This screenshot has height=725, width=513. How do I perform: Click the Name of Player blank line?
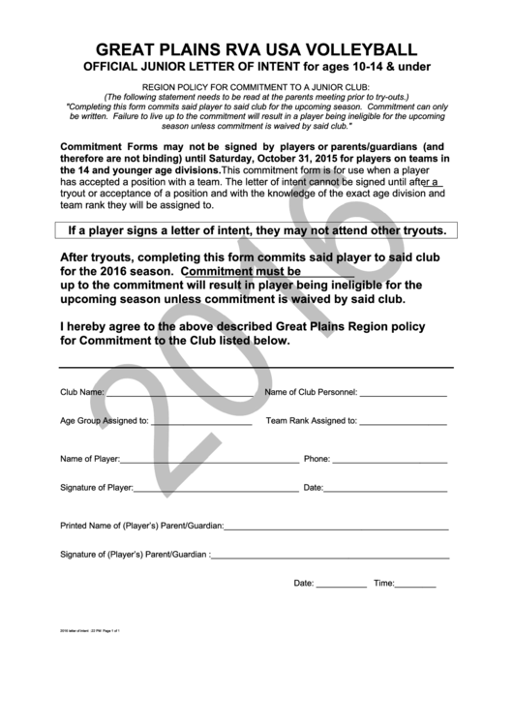[x=209, y=461]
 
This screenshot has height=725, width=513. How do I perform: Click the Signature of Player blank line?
[x=215, y=490]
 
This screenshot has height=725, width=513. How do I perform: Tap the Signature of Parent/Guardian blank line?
[x=329, y=558]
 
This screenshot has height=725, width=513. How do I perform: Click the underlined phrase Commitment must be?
[x=241, y=272]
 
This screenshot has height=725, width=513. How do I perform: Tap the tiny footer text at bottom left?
[x=89, y=630]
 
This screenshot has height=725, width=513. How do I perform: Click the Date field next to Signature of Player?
[x=386, y=490]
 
